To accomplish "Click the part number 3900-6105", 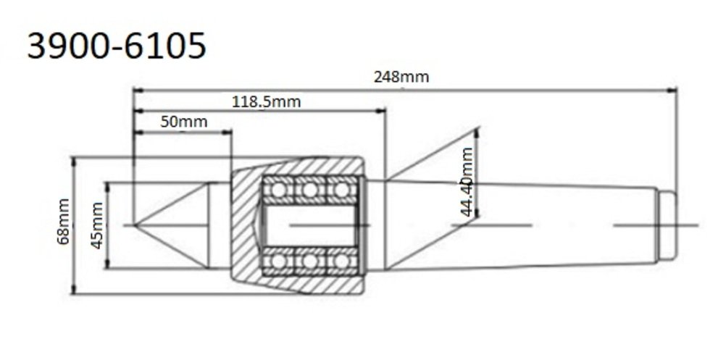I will coord(116,46).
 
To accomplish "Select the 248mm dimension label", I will coord(401,77).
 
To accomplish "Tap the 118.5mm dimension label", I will coord(266,101).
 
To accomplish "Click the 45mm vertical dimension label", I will coord(96,225).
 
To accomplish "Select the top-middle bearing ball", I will coord(310,190).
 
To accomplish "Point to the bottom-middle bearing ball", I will coord(310,260).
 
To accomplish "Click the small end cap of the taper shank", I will coord(667,225).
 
